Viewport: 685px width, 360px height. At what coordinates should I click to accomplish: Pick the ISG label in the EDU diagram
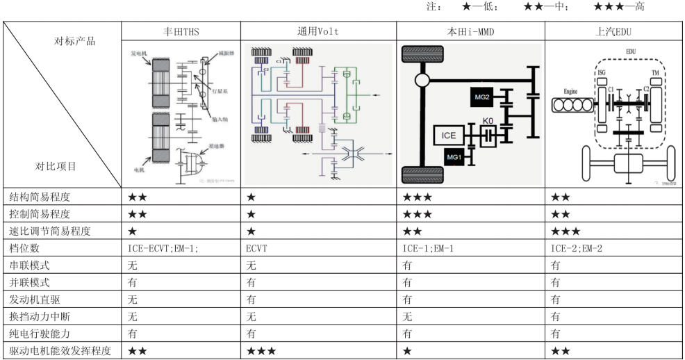(602, 72)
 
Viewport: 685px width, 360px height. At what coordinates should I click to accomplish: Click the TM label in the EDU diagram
(654, 72)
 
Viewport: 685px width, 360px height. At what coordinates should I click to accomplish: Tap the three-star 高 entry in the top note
(619, 6)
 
